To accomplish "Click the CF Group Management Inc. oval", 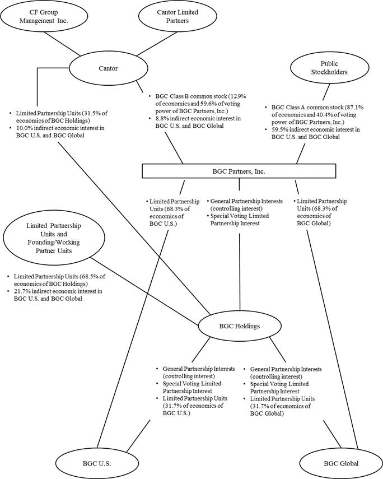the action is (x=43, y=16).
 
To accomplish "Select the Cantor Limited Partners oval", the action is (x=178, y=16).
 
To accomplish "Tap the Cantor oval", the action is (x=109, y=68).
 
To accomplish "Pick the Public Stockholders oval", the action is (x=329, y=68).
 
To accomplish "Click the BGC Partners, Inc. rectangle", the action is (x=239, y=171).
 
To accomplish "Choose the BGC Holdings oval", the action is (x=240, y=326).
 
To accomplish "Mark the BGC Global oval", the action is (x=341, y=463).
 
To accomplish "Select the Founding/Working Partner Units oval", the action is (x=54, y=238).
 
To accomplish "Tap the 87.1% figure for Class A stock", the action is (x=356, y=107).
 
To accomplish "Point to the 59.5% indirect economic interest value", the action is (x=279, y=129).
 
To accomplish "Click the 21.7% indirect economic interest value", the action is (x=22, y=291).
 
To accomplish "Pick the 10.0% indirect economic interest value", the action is (x=24, y=128).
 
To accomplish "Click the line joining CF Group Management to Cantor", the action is (x=62, y=44).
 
